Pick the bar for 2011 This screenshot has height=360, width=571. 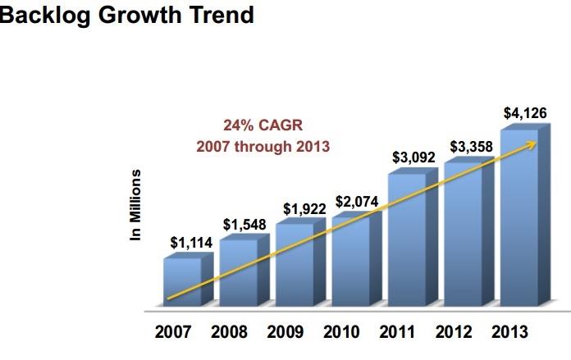407,242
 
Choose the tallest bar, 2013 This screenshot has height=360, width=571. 519,221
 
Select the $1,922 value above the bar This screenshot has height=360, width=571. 304,209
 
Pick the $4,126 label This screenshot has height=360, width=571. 525,112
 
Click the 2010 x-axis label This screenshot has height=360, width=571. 342,332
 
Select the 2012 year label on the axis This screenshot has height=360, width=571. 454,332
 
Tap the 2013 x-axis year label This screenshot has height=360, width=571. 509,332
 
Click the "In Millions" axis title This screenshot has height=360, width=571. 136,205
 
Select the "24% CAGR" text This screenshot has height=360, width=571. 263,126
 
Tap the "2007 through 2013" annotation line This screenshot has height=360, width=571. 263,147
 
